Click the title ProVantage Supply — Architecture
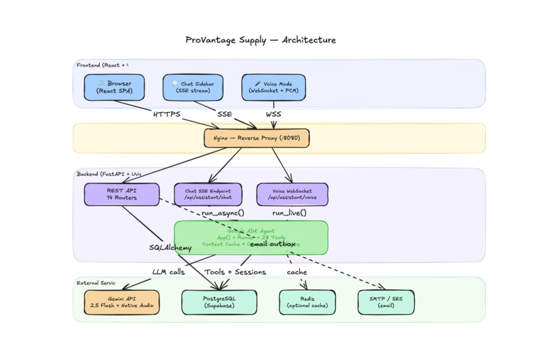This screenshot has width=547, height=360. (x=261, y=40)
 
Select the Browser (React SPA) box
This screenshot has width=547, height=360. (x=114, y=87)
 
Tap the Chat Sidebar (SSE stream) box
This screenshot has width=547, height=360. (x=193, y=87)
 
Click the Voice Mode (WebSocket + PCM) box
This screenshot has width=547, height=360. (x=273, y=87)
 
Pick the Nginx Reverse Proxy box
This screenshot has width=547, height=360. (x=257, y=138)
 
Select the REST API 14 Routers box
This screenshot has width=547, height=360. (x=121, y=194)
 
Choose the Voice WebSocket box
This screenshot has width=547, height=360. (x=292, y=194)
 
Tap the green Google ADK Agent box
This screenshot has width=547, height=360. (x=250, y=237)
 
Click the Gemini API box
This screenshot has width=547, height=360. (x=121, y=302)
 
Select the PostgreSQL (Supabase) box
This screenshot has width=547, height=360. (x=219, y=302)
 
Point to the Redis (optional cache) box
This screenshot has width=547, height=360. (x=307, y=302)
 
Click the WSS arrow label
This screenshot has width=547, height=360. (x=272, y=114)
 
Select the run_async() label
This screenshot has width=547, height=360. (x=223, y=213)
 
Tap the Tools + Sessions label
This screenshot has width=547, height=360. (x=235, y=272)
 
